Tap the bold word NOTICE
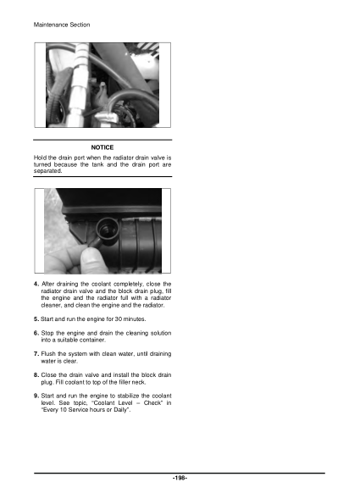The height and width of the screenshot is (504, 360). [x=102, y=148]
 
